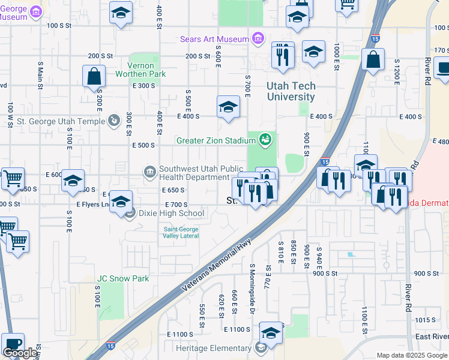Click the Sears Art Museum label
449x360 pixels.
click(215, 40)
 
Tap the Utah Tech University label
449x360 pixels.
click(291, 92)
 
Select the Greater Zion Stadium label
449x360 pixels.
click(216, 140)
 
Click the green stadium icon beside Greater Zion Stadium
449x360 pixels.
click(265, 140)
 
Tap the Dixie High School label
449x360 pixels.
click(171, 213)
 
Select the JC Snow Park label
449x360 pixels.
click(123, 278)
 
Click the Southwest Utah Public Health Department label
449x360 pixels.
click(195, 173)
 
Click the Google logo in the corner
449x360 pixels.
click(20, 353)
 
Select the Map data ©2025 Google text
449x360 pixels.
click(411, 355)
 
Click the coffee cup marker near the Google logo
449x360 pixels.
click(13, 344)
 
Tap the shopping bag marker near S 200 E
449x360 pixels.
click(94, 76)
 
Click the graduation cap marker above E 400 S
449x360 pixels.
click(228, 107)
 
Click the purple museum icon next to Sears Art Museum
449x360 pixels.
click(258, 40)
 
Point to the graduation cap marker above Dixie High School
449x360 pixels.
click(121, 202)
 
